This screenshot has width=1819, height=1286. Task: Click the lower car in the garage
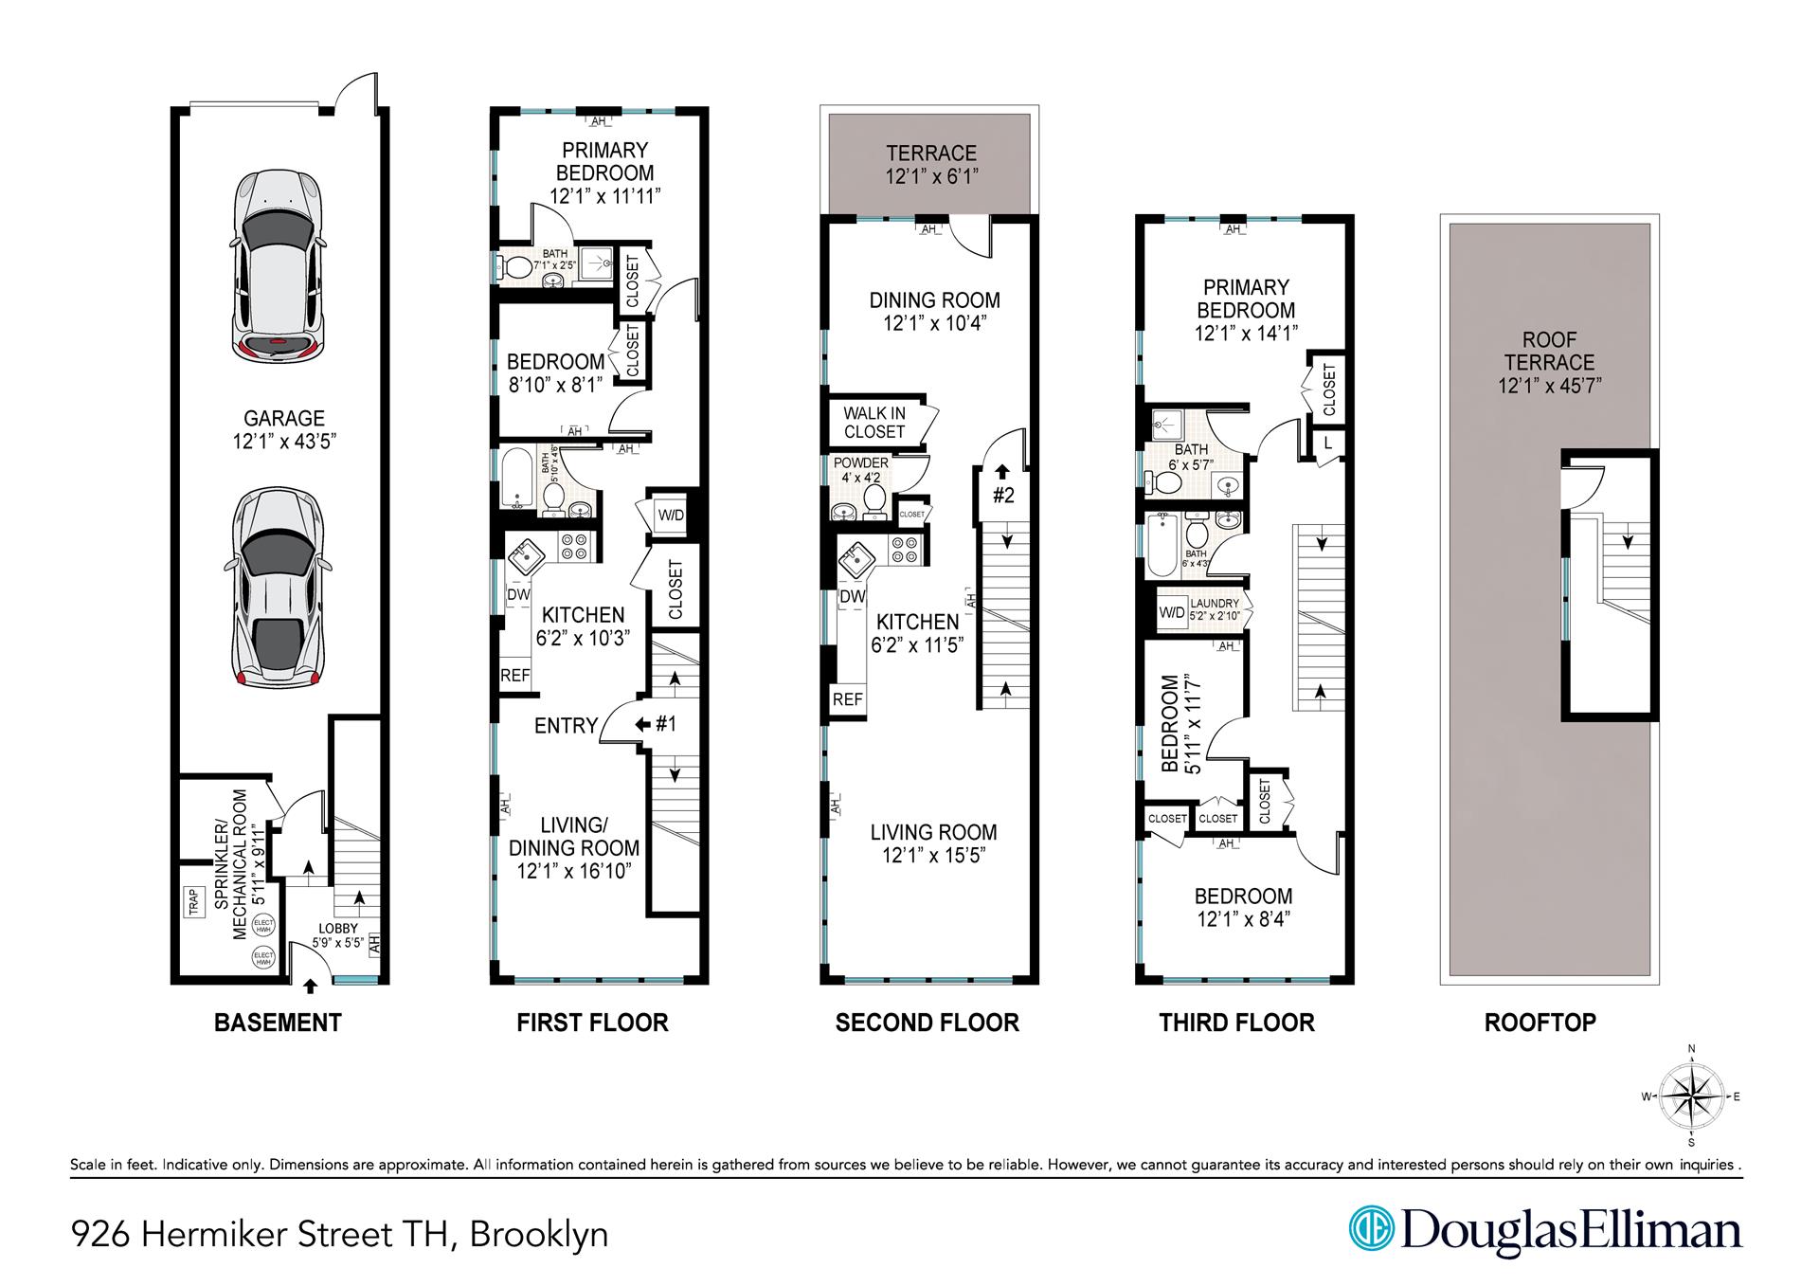click(x=279, y=588)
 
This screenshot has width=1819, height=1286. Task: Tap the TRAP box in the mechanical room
click(x=193, y=901)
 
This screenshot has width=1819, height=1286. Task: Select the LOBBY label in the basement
click(x=337, y=930)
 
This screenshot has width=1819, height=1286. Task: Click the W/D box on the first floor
click(x=671, y=515)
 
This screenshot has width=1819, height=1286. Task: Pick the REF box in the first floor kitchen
click(x=515, y=676)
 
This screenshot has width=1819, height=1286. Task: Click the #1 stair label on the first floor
click(x=666, y=724)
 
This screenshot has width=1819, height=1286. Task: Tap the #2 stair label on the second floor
click(x=1003, y=495)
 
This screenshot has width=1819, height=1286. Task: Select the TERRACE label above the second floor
click(x=931, y=154)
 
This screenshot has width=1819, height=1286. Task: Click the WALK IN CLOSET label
click(x=874, y=423)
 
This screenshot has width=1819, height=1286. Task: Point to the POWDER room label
click(x=861, y=462)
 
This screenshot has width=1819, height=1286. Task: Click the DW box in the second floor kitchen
click(x=853, y=596)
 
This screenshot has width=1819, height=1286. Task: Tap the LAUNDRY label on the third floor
click(x=1215, y=604)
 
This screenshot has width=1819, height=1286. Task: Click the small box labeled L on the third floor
click(x=1327, y=443)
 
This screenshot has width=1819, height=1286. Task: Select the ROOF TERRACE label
click(x=1549, y=352)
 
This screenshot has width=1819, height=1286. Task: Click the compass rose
click(x=1691, y=1097)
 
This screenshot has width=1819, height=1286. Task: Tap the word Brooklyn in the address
click(x=539, y=1235)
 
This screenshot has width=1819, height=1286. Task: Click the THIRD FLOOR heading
click(x=1236, y=1023)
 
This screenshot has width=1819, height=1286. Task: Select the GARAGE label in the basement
click(x=284, y=418)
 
